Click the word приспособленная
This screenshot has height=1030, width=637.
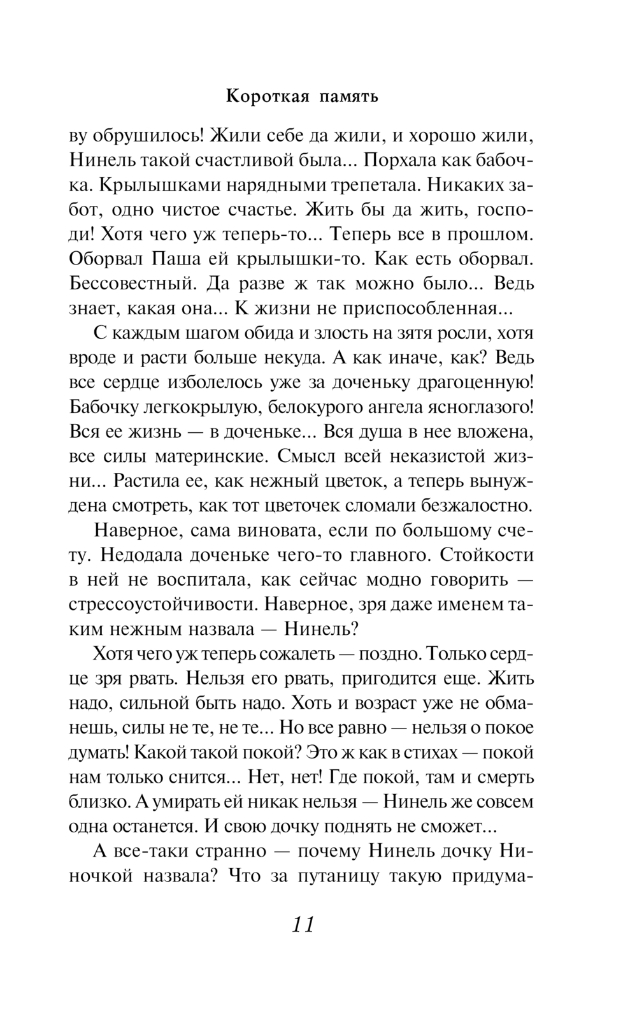(x=420, y=308)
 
